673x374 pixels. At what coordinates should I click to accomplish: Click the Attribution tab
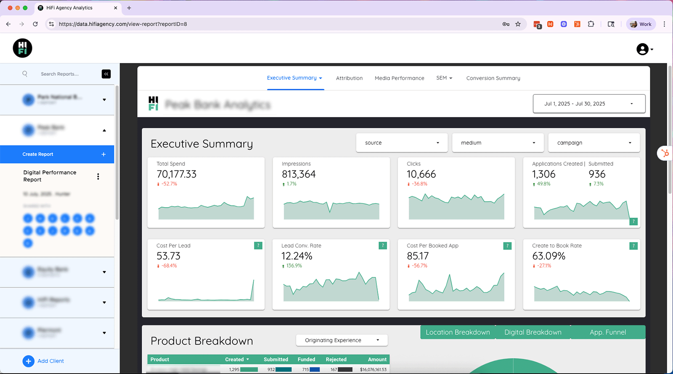(349, 78)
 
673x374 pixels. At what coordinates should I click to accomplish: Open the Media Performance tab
(399, 78)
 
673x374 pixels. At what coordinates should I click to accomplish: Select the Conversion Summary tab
(493, 78)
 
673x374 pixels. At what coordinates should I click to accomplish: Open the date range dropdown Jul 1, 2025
(589, 104)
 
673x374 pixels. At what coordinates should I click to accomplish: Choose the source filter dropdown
(402, 143)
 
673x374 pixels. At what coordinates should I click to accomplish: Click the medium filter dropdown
(498, 143)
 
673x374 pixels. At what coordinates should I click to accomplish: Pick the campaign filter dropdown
(594, 143)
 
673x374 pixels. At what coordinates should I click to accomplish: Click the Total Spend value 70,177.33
(176, 174)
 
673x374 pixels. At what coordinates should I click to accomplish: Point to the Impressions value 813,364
(299, 174)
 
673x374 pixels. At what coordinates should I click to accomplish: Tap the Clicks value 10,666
(421, 174)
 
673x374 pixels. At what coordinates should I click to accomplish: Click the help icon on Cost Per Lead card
(258, 246)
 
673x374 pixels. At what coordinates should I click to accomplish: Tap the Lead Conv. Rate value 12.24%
(297, 256)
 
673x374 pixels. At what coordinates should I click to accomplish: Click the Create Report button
(57, 154)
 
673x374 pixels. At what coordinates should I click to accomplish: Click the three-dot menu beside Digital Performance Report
(98, 177)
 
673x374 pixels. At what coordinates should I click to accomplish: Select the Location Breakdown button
(458, 332)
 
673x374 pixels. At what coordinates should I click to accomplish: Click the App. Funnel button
(607, 332)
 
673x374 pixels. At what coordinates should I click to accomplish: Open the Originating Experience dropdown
(342, 340)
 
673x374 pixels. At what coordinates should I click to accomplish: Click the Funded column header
(306, 360)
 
